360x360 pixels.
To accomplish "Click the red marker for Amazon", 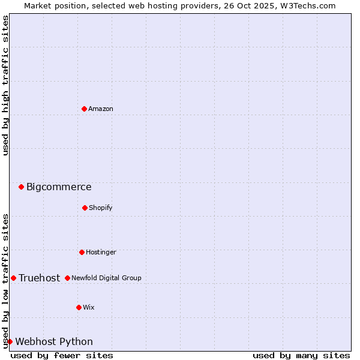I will pos(84,109).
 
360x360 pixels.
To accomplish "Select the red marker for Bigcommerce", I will pos(21,187).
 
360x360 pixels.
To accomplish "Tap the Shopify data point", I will pos(85,208).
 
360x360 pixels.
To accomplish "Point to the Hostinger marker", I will pos(82,252).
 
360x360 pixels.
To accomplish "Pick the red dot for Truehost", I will pos(13,278).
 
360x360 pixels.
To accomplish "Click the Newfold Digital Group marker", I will pos(67,278).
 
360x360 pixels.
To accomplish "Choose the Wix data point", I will pos(79,307).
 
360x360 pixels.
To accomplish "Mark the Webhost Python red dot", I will pos(10,341).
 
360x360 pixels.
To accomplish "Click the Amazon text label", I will pos(101,109).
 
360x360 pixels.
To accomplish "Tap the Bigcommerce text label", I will pos(59,187).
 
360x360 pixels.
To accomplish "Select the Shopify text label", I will pos(101,208).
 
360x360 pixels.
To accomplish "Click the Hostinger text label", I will pos(101,252).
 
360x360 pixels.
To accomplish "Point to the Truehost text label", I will pos(40,278).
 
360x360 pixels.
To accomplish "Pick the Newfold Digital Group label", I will pos(107,278).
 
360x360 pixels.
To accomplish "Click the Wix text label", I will pos(89,307).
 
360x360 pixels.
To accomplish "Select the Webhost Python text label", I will pos(54,342).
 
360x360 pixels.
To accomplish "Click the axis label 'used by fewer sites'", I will pos(62,355).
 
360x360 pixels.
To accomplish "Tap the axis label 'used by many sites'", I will pos(301,355).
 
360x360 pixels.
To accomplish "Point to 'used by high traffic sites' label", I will pos(5,85).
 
